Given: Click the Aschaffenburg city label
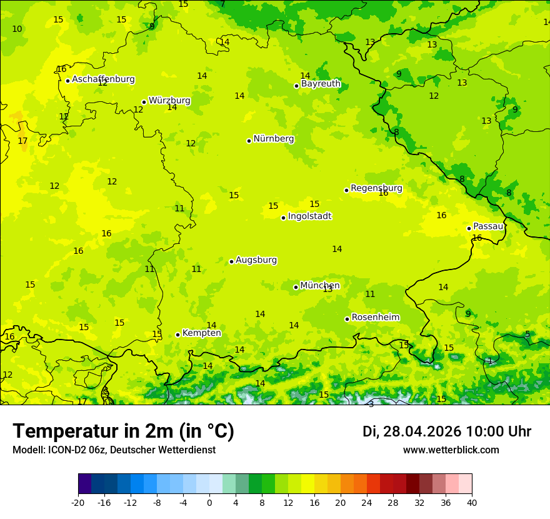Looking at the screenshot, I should coord(103,79).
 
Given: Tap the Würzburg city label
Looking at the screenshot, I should coord(169,101).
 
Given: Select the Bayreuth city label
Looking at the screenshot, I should coord(321,84).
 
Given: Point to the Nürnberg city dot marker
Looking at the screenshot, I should coord(249,141).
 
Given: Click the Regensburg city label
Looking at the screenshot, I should coord(376,188).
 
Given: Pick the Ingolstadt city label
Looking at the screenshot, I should coord(309,216).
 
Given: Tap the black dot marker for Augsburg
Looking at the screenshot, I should coord(231,261).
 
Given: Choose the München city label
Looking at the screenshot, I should coord(320,286).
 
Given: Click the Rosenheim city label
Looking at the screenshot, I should coord(375,318).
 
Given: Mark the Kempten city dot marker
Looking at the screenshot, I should coord(177,335).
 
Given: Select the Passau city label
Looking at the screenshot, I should coord(488,226).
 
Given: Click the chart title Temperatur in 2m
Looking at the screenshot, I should coord(123,431).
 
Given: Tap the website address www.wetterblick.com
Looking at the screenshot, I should coord(451,450).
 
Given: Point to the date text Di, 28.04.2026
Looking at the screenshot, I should coord(411,431).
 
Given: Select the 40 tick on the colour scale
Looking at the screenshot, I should coord(472,503).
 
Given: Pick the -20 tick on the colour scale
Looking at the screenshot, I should coord(78,503).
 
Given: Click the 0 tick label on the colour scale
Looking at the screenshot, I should coord(209,503).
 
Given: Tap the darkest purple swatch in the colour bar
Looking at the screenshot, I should coord(85,484).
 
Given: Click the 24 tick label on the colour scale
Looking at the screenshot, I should coord(367,503).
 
